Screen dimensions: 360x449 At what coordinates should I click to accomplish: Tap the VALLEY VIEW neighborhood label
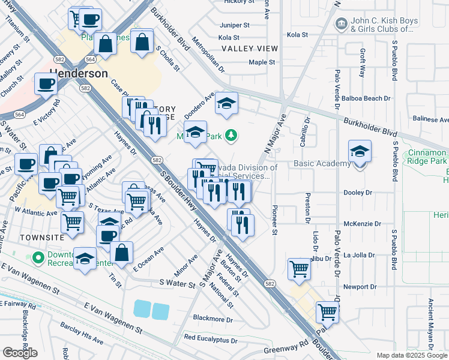pyautogui.click(x=249, y=49)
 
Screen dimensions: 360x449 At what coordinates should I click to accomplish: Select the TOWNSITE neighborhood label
pyautogui.click(x=22, y=238)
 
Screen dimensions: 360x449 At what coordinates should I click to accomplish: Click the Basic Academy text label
pyautogui.click(x=322, y=164)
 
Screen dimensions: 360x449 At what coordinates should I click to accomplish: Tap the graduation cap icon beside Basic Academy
pyautogui.click(x=360, y=151)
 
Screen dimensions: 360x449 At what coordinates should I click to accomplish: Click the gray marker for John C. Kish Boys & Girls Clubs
pyautogui.click(x=342, y=24)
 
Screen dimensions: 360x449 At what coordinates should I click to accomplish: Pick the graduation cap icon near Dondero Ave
pyautogui.click(x=226, y=104)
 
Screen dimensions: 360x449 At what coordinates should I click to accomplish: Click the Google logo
pyautogui.click(x=20, y=352)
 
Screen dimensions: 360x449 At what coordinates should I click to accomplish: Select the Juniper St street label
pyautogui.click(x=235, y=25)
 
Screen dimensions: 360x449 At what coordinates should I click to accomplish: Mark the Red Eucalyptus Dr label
pyautogui.click(x=211, y=339)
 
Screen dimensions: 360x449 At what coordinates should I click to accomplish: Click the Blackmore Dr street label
pyautogui.click(x=212, y=319)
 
